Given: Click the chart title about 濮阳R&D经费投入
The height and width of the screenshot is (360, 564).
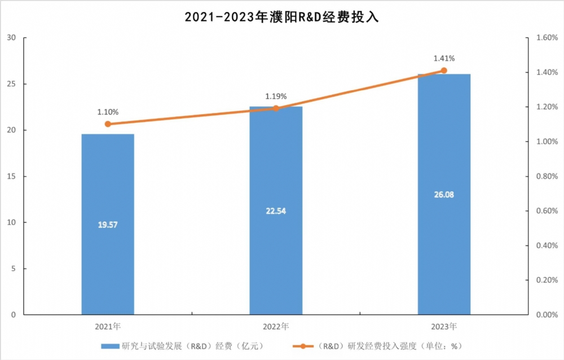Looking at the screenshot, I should coord(281,17).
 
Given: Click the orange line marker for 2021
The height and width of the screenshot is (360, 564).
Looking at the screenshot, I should coord(108,124).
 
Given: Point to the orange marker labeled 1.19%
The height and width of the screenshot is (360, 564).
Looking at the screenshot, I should coord(276,108).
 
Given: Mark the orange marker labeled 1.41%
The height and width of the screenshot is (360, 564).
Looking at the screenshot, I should coord(444,71).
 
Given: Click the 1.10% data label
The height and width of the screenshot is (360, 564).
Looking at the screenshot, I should coord(108,112).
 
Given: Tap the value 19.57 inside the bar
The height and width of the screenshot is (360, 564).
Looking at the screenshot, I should coord(108,225).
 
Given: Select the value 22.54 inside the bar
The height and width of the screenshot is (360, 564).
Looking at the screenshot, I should coord(276,211).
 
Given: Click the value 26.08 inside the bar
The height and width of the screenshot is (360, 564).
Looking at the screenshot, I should coord(444,195).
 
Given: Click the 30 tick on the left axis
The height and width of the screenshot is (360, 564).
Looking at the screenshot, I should coord(11,38).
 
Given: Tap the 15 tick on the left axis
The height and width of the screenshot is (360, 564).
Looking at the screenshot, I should coord(11,177).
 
